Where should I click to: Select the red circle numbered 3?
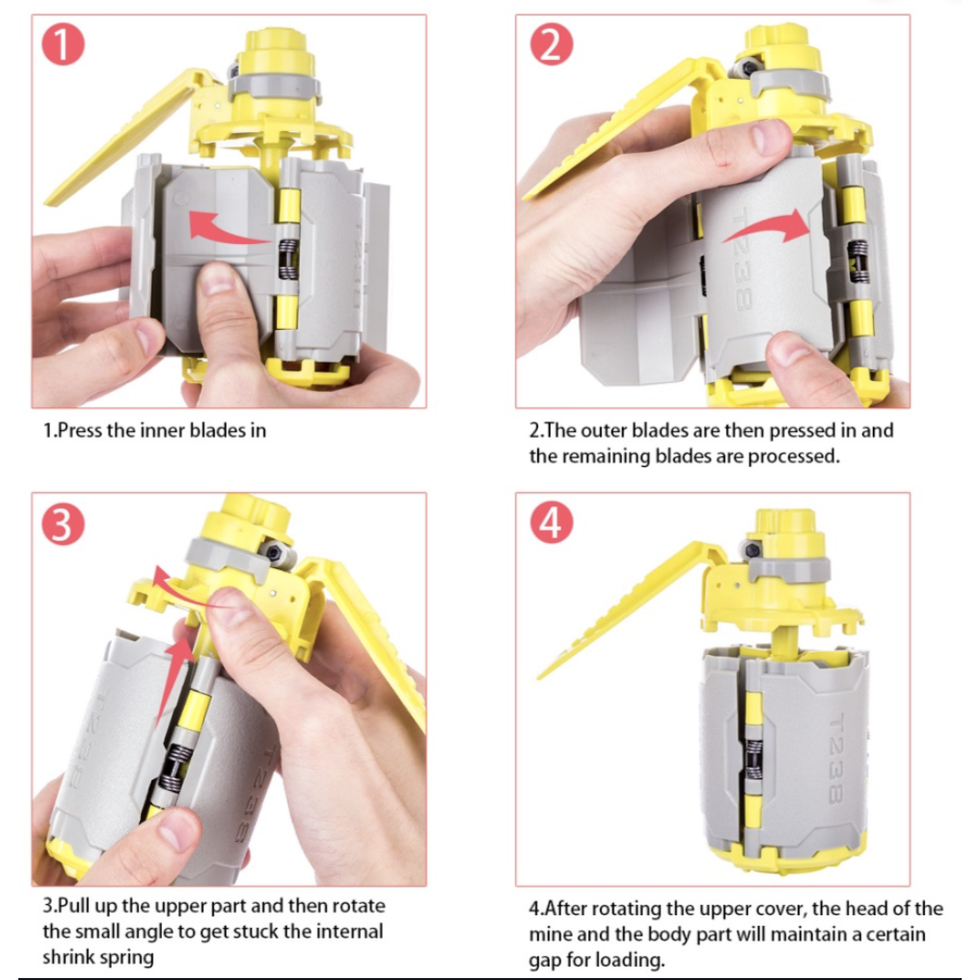pyautogui.click(x=63, y=524)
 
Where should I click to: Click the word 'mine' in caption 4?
pyautogui.click(x=550, y=935)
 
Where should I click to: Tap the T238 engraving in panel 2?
pyautogui.click(x=742, y=260)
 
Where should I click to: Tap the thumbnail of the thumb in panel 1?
pyautogui.click(x=217, y=279)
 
